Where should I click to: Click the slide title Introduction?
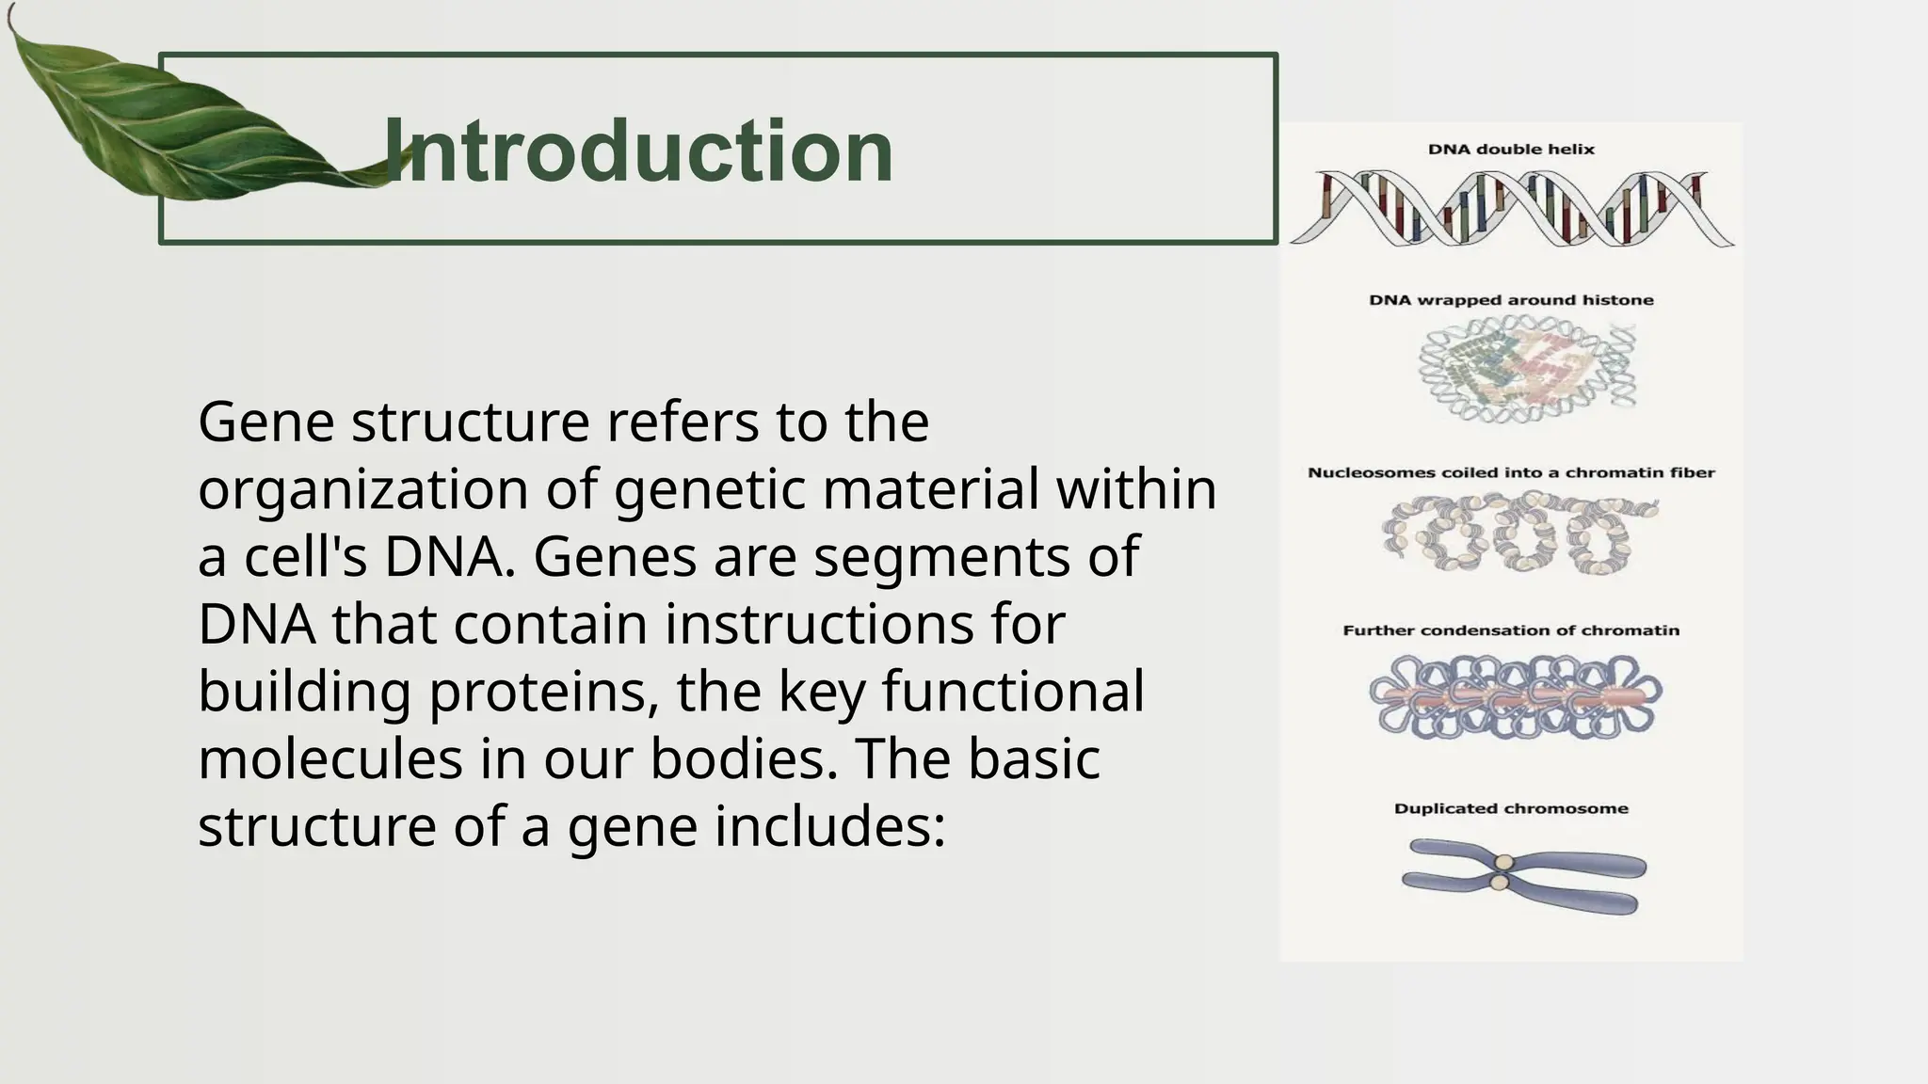click(x=638, y=151)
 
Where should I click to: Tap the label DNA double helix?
click(x=1511, y=149)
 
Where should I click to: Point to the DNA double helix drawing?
click(x=1511, y=209)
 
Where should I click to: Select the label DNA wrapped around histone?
click(x=1511, y=300)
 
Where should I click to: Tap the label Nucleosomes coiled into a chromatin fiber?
click(x=1511, y=472)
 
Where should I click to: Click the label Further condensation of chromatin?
click(x=1511, y=630)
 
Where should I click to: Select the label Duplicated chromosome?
click(x=1511, y=808)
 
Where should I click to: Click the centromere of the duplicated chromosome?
click(x=1503, y=871)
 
